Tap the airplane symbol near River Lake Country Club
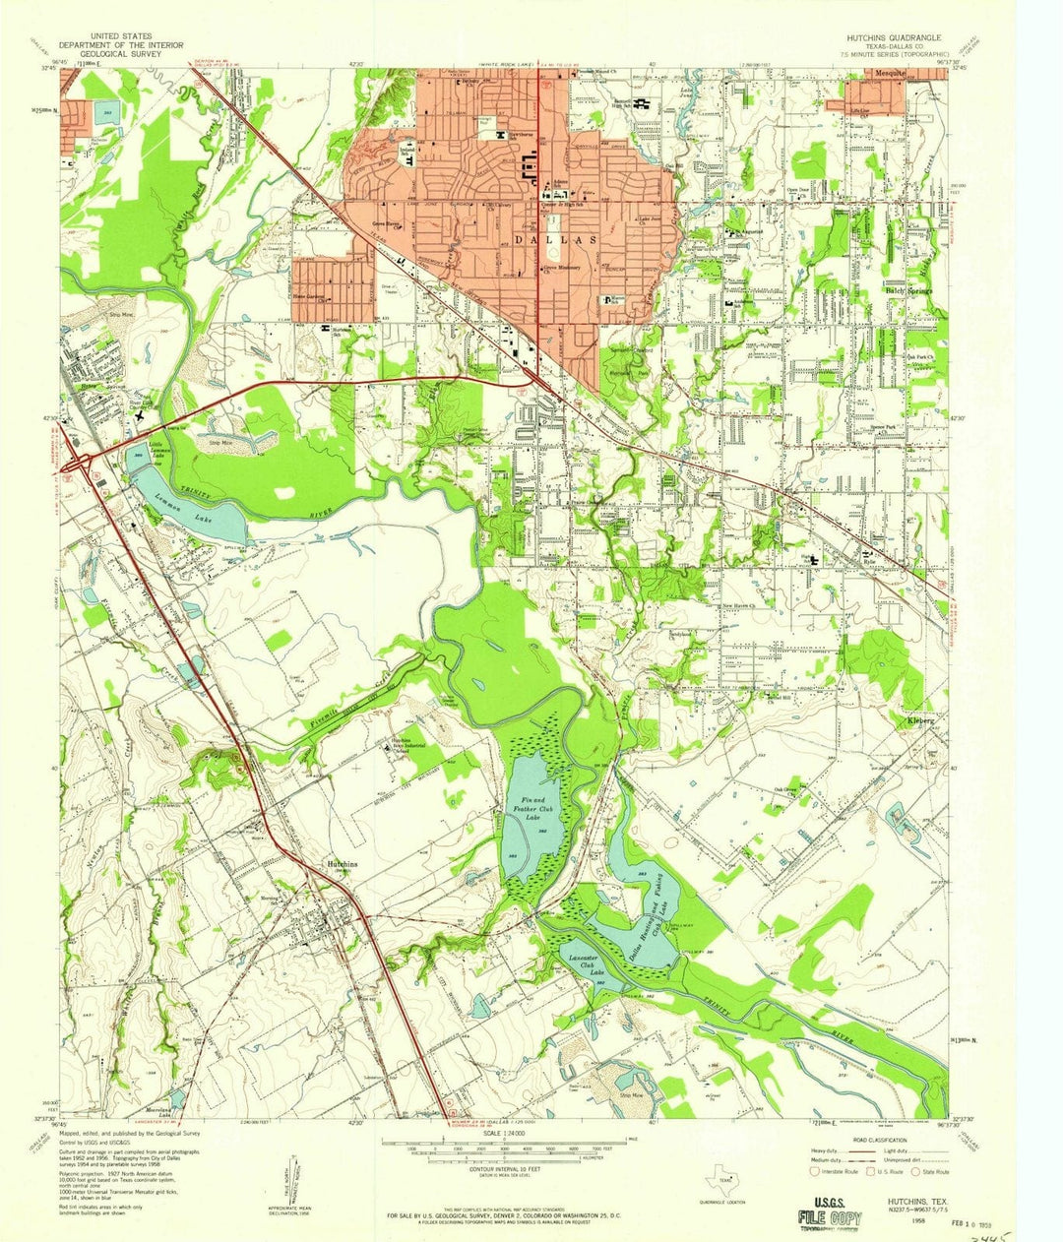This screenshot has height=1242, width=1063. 139,415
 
